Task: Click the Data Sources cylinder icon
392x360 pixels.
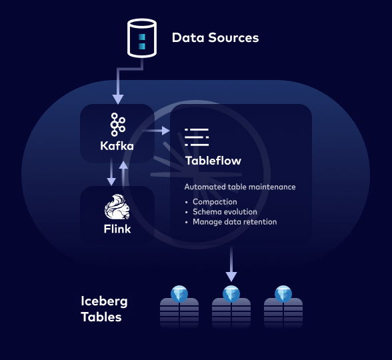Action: pos(141,38)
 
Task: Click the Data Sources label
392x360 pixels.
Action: pos(215,38)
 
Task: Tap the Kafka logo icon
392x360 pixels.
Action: pos(117,125)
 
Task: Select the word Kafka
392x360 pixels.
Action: pos(117,145)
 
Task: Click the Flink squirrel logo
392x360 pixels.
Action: pos(117,208)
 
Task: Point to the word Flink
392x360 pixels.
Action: pos(117,229)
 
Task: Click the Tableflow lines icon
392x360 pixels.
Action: pos(197,137)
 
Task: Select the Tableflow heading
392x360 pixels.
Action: pos(213,161)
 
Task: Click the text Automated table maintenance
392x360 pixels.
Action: pos(239,187)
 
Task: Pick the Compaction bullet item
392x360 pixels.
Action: pos(215,202)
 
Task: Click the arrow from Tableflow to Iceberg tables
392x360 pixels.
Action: pos(231,264)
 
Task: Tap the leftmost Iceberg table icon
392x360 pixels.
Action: pos(179,307)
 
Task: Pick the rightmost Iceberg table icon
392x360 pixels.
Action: pos(283,307)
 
